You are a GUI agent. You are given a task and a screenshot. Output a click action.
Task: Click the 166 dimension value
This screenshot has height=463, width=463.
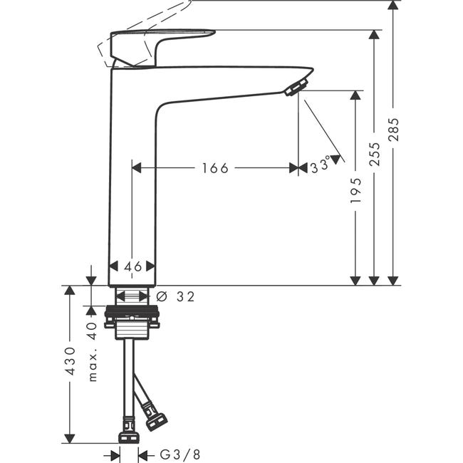click(x=215, y=168)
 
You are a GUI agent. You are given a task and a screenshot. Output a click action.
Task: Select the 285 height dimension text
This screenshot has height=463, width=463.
click(x=393, y=130)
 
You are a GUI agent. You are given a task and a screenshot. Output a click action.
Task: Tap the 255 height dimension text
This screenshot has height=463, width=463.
click(x=375, y=154)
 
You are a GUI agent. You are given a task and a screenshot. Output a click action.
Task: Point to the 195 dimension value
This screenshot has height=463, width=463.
click(x=356, y=190)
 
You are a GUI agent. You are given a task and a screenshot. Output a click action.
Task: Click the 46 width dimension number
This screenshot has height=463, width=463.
click(x=133, y=266)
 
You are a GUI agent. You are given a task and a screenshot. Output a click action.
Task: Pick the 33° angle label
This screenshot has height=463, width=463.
click(x=321, y=165)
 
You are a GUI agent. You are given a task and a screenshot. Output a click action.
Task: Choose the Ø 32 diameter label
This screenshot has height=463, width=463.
click(x=175, y=296)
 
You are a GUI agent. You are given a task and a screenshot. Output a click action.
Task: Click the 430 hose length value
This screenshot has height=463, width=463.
click(x=71, y=361)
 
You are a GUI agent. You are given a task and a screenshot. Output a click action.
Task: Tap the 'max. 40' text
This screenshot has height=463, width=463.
click(x=93, y=352)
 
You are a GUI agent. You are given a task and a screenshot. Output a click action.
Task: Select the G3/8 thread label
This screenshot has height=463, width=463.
click(x=180, y=454)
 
